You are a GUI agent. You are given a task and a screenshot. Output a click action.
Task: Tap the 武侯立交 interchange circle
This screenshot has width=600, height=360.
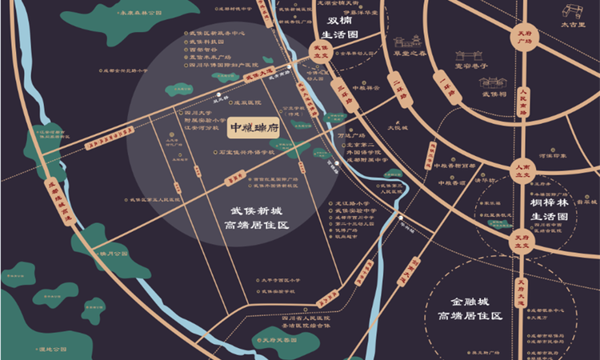pos(318,52)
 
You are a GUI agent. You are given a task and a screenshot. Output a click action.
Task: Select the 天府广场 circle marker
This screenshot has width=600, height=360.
pos(522,37)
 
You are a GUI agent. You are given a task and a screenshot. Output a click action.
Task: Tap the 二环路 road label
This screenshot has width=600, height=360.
pos(398,87)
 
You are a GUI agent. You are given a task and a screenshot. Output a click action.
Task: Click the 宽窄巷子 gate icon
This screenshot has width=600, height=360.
pos(471,58)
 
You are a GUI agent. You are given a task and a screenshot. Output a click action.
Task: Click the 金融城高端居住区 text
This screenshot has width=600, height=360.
pos(469,310)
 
